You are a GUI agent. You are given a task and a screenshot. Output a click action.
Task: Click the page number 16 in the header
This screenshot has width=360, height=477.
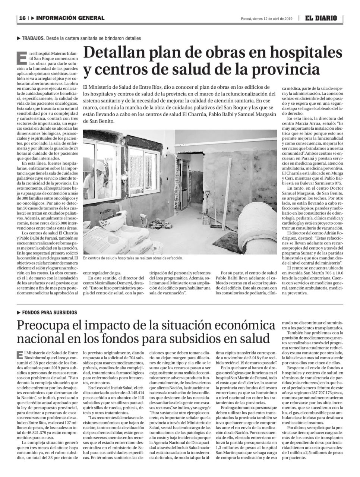pos(22,18)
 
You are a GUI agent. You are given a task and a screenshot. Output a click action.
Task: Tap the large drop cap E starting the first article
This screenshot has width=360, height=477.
pos(23,57)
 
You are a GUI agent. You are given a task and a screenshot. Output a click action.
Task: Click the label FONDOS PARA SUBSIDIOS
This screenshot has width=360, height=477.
pos(49,312)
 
